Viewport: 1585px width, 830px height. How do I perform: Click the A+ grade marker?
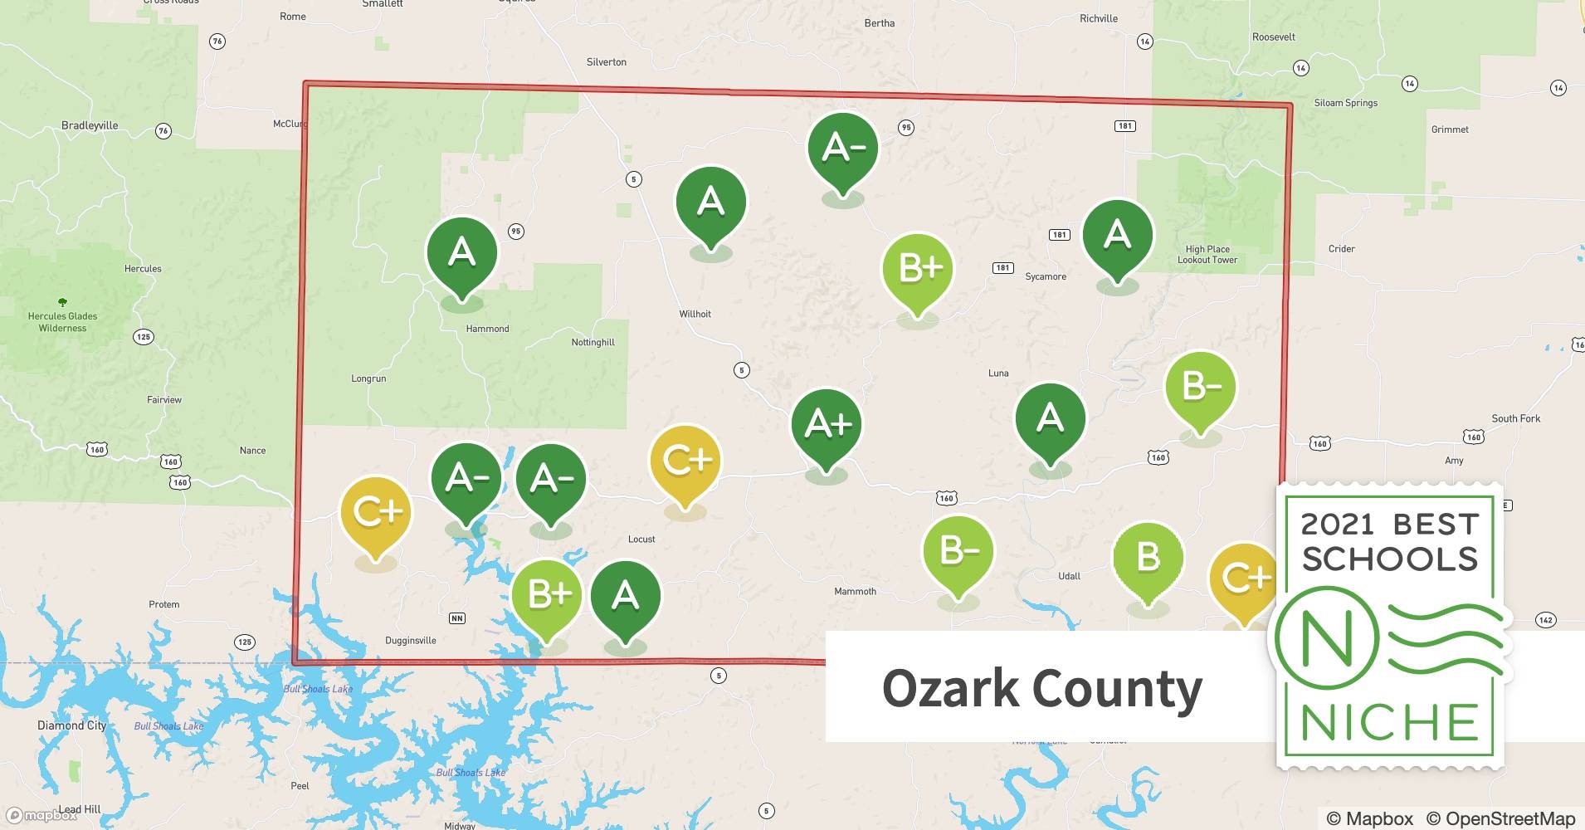click(x=827, y=424)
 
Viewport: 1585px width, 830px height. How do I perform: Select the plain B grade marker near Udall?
click(x=1148, y=557)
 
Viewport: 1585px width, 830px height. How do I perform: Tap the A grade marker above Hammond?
click(x=461, y=252)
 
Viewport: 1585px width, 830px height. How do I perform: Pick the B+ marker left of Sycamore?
click(x=918, y=268)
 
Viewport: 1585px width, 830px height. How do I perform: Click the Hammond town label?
click(x=487, y=329)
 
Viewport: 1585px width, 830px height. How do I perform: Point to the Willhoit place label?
click(x=695, y=314)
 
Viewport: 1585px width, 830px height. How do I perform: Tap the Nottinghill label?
click(x=593, y=342)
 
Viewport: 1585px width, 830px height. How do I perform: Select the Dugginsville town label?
click(x=410, y=640)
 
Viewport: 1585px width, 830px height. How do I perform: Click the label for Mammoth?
click(x=855, y=591)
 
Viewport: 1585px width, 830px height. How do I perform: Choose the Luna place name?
click(x=998, y=373)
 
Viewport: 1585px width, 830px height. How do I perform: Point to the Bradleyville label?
click(x=90, y=125)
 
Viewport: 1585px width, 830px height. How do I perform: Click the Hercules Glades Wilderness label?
click(x=62, y=321)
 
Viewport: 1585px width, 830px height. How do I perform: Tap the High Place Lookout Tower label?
click(x=1207, y=254)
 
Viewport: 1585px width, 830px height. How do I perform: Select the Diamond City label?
click(x=72, y=725)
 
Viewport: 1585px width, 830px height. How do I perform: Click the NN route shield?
click(x=456, y=618)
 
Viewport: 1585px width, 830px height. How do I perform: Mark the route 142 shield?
click(x=1545, y=620)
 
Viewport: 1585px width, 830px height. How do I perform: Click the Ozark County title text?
click(x=1041, y=688)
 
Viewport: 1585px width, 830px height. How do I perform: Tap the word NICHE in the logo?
click(x=1389, y=722)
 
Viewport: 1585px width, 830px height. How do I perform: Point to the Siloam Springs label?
click(x=1345, y=103)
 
